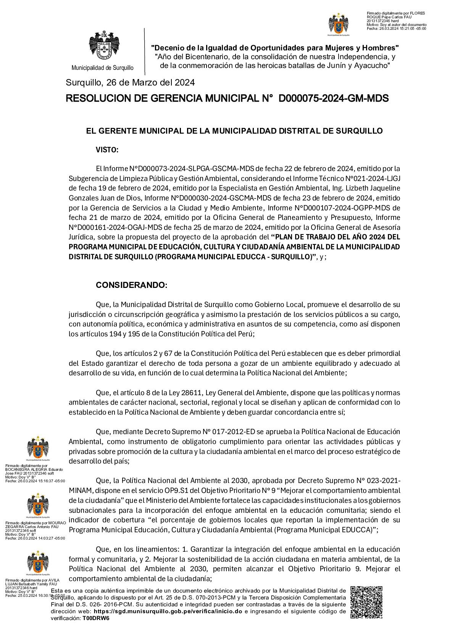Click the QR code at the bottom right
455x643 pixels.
pos(366,602)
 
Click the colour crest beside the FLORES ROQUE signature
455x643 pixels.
pos(339,24)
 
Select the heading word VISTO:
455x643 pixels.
pos(107,150)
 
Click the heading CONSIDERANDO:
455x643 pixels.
pos(131,285)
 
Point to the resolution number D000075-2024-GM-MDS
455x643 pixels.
pos(334,99)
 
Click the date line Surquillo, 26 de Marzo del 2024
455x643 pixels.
pos(130,82)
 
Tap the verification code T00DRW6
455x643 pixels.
pos(96,618)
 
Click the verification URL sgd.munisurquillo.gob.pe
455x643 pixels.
pos(168,611)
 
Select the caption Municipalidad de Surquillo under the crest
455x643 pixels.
pos(102,68)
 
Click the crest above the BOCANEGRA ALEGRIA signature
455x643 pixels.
pos(38,447)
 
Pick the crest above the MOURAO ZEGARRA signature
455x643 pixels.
pos(38,504)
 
